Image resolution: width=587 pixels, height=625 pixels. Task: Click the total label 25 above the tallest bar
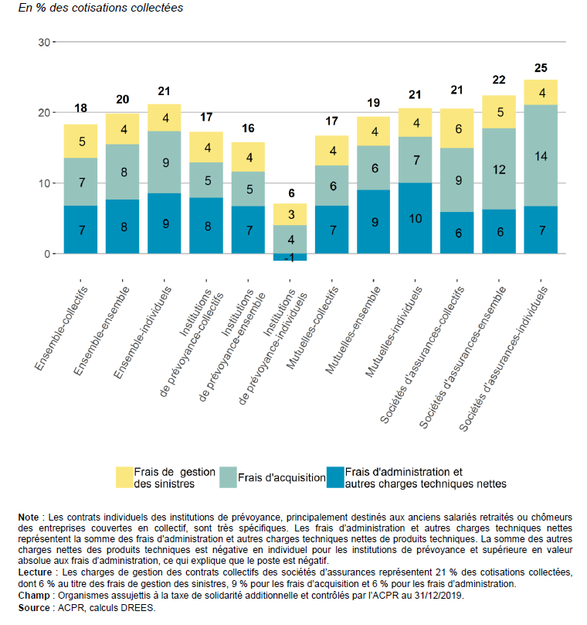pos(541,68)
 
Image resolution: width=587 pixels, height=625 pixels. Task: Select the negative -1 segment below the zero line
pos(290,257)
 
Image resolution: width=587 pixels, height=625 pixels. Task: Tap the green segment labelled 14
pos(541,155)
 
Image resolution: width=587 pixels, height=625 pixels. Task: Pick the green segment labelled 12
pos(499,169)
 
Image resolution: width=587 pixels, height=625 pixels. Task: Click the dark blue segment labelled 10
pos(415,218)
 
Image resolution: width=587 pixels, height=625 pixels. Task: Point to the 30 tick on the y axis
pos(44,43)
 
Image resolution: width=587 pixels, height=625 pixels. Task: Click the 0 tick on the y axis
pos(47,254)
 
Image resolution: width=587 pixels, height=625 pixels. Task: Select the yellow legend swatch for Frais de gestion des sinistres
pos(124,477)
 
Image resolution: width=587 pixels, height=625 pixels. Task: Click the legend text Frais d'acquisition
pos(282,477)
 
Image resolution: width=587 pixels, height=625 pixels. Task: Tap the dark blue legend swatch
pos(335,477)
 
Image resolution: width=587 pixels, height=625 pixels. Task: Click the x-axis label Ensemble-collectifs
pos(61,329)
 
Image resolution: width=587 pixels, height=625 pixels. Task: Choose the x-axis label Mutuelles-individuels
pos(394,332)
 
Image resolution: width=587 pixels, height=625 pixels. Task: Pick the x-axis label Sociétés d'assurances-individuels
pos(504,359)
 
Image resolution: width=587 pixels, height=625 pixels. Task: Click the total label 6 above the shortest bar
pos(291,193)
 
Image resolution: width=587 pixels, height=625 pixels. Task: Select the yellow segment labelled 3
pos(290,214)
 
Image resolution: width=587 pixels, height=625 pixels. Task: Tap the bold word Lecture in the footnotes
pos(35,572)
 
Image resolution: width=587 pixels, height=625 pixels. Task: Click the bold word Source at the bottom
pos(34,608)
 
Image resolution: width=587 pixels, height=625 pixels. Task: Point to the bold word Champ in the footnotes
pos(34,596)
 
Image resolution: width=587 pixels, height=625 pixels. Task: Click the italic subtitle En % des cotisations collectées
pos(100,8)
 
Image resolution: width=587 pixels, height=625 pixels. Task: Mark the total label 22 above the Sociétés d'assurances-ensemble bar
pos(499,80)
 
